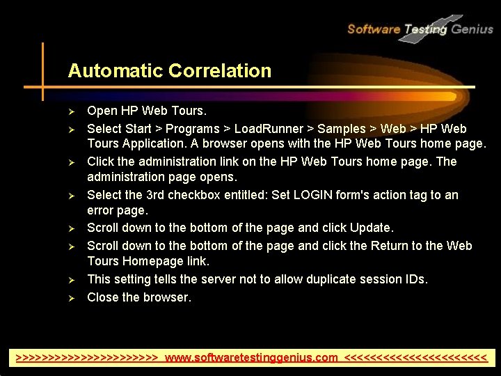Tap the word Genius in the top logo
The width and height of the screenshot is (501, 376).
472,29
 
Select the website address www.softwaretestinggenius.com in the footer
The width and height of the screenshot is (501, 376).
251,358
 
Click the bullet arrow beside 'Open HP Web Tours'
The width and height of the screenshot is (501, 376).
71,111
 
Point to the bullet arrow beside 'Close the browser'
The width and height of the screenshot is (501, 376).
71,298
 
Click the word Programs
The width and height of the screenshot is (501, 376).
191,129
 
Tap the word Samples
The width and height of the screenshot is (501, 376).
341,129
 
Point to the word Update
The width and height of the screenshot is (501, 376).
372,228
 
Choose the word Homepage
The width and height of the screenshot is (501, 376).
152,261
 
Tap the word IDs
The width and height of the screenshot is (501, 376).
413,279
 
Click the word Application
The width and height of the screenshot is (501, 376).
156,144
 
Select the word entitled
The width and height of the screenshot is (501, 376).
237,195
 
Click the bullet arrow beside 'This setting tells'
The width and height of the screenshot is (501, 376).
71,280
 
